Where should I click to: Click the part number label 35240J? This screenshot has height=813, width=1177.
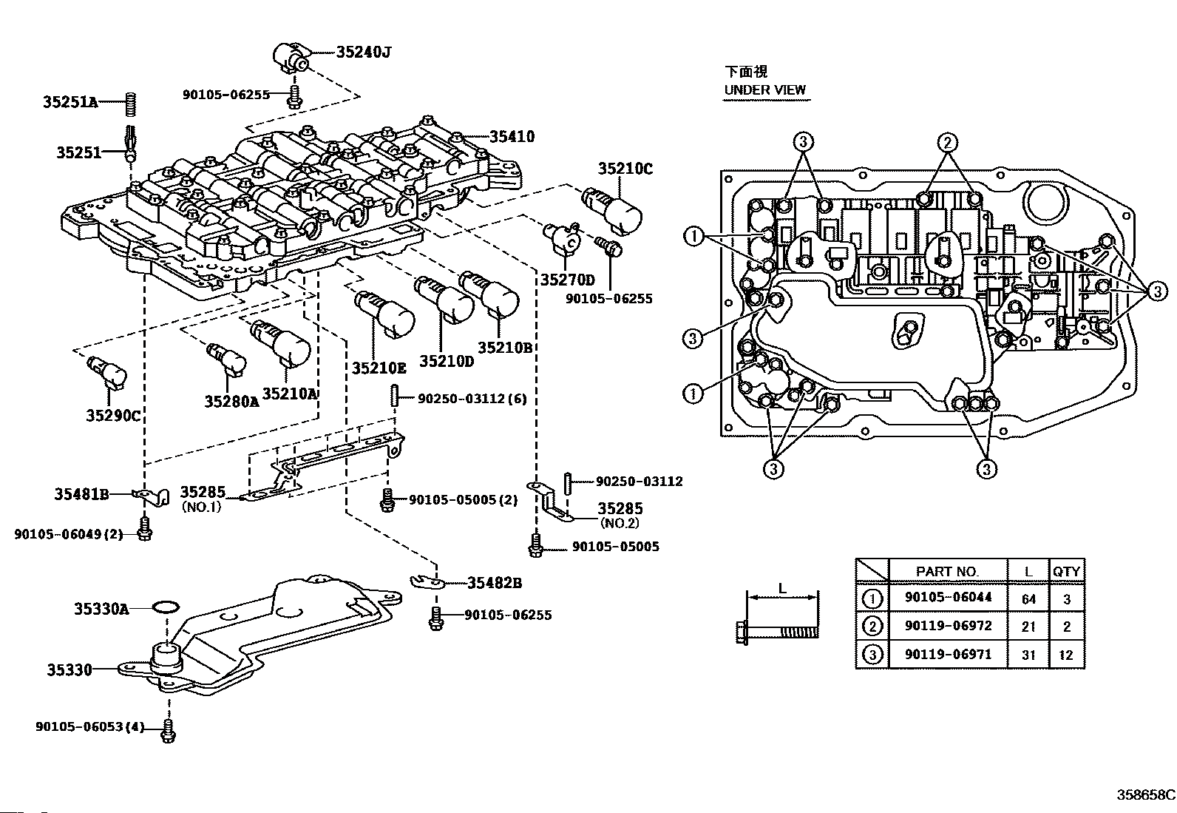[363, 52]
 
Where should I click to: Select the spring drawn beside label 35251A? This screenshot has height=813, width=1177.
[132, 104]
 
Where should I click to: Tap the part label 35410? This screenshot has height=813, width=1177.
[512, 137]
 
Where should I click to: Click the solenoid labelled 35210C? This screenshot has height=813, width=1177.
[612, 211]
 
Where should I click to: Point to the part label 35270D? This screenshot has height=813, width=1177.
[568, 280]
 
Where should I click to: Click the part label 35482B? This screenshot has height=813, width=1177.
[495, 583]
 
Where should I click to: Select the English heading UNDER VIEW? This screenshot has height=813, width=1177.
[764, 90]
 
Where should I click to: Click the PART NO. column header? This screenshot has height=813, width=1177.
[947, 571]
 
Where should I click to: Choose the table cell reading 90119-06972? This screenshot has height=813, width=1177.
[948, 626]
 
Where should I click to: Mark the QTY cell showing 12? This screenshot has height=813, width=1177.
[1066, 655]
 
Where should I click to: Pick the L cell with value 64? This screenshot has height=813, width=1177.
[1028, 599]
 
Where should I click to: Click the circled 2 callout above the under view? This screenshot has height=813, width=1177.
[947, 143]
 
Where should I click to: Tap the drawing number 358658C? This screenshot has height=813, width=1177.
[1145, 794]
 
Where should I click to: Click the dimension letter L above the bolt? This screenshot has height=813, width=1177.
[782, 588]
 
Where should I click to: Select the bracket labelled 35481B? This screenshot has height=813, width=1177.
[152, 496]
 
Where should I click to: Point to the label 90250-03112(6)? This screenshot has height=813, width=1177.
[472, 399]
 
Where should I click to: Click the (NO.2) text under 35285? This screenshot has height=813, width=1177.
[620, 524]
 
